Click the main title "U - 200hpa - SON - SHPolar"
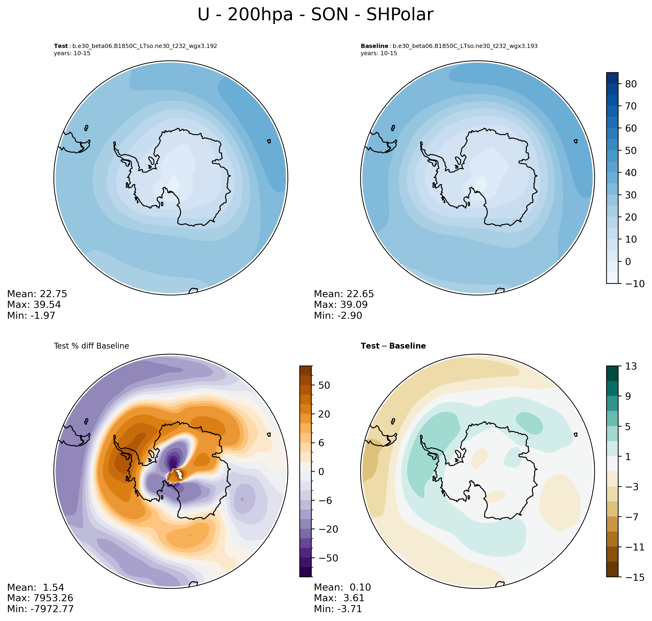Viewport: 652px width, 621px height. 315,15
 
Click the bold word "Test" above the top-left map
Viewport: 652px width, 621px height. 61,46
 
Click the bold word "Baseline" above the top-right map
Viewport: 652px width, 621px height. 374,46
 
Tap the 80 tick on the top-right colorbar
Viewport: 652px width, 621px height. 631,84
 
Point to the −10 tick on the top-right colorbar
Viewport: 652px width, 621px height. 632,284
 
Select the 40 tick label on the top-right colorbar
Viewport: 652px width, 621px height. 631,173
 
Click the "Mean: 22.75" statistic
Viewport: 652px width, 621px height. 37,294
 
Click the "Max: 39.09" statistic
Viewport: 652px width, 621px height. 341,305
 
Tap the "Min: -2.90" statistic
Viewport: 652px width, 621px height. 338,316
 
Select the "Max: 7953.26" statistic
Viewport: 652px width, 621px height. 40,598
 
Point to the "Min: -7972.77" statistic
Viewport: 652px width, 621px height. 40,609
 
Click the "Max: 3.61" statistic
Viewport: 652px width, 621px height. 339,598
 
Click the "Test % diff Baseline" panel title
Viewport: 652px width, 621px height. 91,346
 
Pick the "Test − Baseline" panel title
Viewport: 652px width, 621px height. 393,346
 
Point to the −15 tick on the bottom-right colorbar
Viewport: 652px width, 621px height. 632,577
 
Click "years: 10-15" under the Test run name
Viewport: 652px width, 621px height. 72,53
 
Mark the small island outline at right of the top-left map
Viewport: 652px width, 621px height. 269,141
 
